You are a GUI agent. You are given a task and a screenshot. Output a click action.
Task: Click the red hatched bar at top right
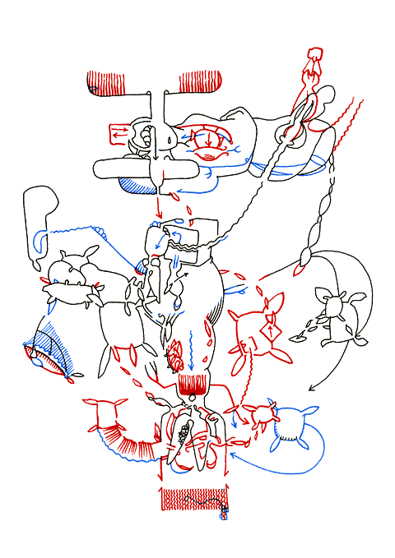[200, 82]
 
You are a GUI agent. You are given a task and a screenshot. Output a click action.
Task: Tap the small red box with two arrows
[120, 131]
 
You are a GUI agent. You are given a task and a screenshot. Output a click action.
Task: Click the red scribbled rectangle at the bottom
[194, 498]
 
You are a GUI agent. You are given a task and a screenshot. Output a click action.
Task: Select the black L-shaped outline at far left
[39, 222]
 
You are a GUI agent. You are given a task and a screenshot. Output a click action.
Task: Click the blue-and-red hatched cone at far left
[49, 349]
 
